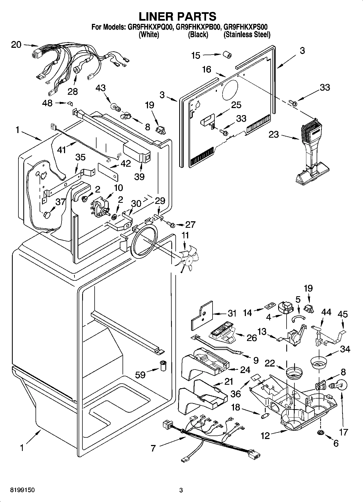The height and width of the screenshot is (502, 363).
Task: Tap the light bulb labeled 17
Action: coord(338,385)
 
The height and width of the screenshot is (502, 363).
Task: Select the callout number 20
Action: coord(16,45)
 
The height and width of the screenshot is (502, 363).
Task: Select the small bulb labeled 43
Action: coord(115,106)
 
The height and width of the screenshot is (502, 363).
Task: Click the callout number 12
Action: coord(265,436)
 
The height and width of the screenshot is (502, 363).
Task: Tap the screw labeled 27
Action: coord(171,224)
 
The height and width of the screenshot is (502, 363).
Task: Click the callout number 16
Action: coord(207,70)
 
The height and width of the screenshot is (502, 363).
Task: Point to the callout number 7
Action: coord(153,448)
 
